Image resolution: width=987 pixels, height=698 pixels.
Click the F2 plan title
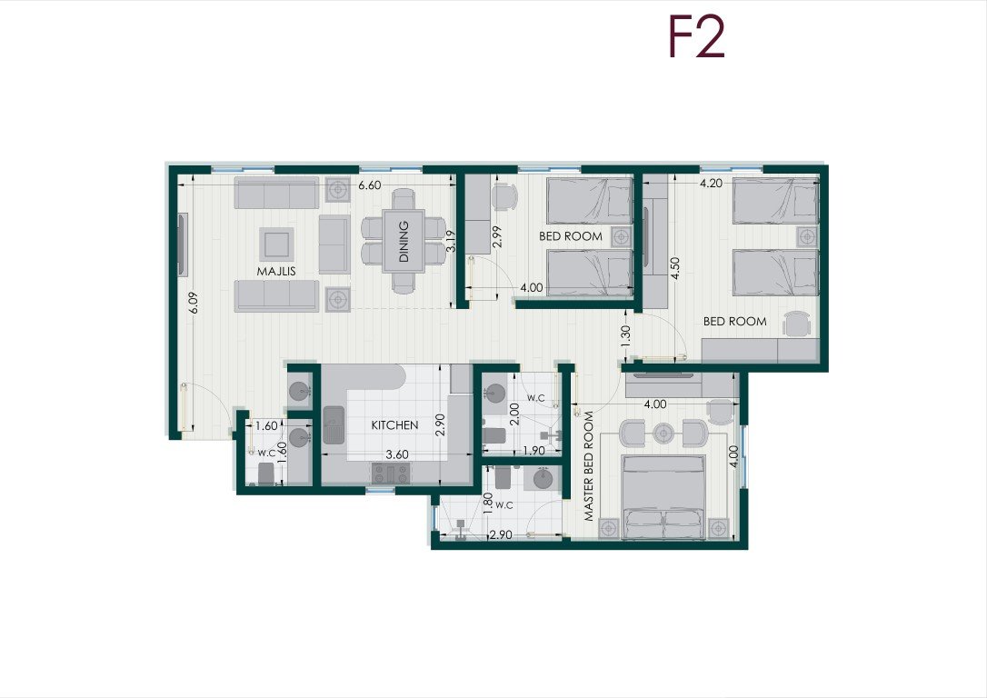696,38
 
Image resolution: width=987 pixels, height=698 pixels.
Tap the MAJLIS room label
276,271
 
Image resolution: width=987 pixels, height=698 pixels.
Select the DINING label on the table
404,242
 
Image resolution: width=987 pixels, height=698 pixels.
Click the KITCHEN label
394,425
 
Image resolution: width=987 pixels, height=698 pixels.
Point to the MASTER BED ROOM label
589,466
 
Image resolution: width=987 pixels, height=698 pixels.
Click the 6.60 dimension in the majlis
370,185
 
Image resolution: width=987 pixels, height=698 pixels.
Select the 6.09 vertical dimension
194,303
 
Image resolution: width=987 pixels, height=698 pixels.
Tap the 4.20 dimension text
712,184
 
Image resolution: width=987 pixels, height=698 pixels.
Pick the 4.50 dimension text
675,269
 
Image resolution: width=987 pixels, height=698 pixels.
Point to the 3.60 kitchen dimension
397,454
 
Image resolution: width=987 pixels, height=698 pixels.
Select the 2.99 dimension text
496,236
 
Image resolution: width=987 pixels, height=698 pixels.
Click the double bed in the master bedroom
663,497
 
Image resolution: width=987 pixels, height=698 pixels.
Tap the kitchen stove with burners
391,474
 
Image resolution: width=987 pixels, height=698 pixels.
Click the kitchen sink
334,424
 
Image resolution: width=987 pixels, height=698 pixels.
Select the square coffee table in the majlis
277,244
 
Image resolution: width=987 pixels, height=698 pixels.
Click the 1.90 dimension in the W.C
533,451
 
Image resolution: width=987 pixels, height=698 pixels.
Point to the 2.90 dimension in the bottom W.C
501,535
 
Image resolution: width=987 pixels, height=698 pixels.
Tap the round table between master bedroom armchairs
663,433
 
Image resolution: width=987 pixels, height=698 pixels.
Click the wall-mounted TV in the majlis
183,244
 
